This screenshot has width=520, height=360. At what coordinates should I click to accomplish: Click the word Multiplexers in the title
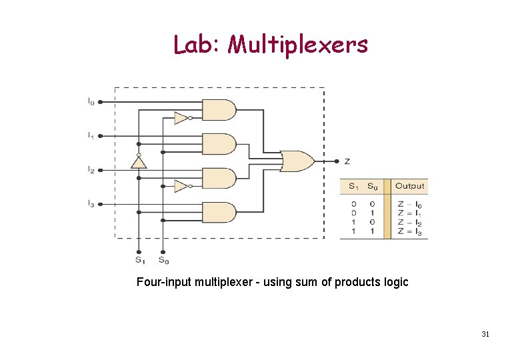coord(297,45)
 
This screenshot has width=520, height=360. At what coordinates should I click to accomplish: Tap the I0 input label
coord(91,102)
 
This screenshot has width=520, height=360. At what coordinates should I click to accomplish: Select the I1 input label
coord(91,135)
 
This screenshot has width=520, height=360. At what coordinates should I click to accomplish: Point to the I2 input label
coord(91,169)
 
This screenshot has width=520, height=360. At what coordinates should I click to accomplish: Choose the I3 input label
coord(91,203)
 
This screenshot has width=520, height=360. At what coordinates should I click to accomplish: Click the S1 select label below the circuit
coord(139,260)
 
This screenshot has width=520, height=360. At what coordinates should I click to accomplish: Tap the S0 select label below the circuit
coord(163,260)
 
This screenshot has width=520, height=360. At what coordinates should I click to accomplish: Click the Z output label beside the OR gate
coord(347,161)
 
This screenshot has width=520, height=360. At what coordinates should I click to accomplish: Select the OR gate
coord(297,161)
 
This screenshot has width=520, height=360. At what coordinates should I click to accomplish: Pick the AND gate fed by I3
coord(219,212)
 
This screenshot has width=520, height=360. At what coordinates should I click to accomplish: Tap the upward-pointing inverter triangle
coord(138,163)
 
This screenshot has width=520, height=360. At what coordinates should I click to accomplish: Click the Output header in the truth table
coord(409,186)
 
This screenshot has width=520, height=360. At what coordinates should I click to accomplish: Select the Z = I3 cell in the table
coord(409,231)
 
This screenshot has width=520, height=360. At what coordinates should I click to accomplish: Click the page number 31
coord(485,334)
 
